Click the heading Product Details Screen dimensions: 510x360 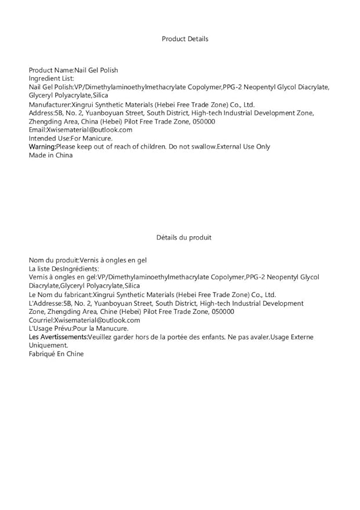point(185,39)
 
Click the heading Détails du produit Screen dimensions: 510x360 point(184,237)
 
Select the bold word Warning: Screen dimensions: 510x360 point(42,147)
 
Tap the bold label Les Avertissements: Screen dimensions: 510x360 point(58,337)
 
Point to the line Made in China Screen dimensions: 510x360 point(51,155)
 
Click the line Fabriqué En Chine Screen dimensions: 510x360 point(56,354)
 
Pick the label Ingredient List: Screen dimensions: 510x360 point(52,78)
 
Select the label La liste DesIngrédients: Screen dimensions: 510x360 point(64,269)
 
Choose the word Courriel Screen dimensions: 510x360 point(41,320)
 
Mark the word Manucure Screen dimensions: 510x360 point(112,328)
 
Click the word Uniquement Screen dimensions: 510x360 point(48,345)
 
